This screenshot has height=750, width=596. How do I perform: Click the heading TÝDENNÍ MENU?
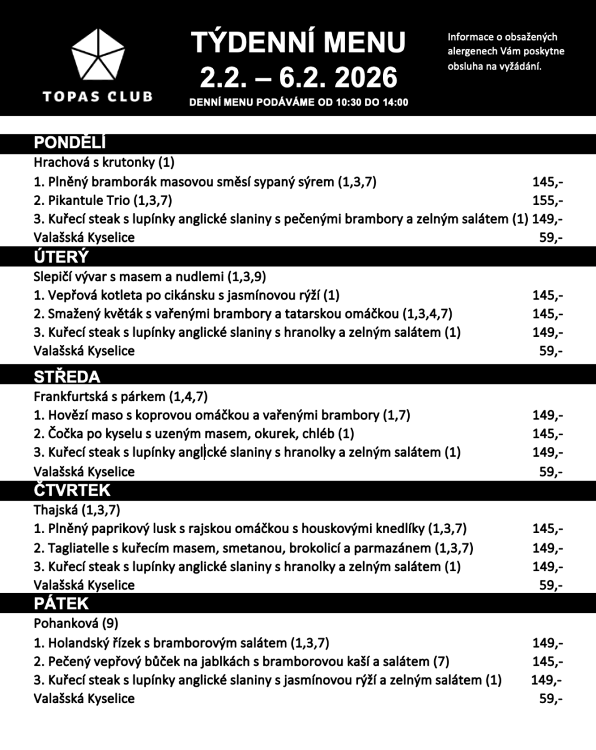point(298,43)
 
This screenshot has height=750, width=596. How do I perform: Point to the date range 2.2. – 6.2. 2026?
point(298,77)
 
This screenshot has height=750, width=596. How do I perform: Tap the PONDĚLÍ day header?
point(70,143)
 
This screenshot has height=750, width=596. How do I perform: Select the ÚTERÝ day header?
point(61,257)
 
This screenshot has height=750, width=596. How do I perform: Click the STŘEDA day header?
point(67,377)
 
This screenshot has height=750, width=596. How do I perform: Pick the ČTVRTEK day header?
point(72,490)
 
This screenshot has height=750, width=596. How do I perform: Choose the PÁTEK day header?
point(61,604)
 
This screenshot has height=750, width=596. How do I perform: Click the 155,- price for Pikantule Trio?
point(548,201)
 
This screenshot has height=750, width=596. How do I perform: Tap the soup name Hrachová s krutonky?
point(94,162)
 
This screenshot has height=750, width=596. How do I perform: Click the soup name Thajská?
point(56,509)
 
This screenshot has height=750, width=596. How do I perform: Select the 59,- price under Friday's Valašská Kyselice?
point(550,699)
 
